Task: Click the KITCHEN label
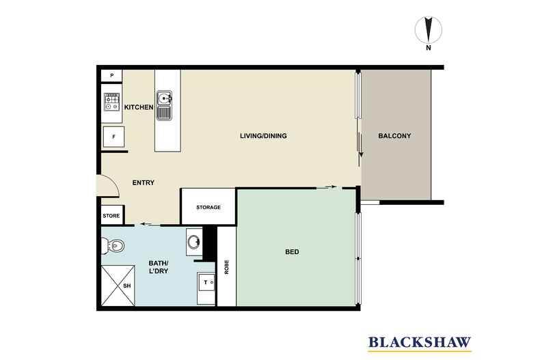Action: (138, 107)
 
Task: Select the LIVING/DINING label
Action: (263, 136)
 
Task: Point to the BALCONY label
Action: (394, 136)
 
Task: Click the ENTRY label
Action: (143, 182)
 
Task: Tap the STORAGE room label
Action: (208, 207)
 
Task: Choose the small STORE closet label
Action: (111, 216)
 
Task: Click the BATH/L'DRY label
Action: (159, 267)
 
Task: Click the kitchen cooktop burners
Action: (111, 102)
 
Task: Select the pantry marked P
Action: (111, 76)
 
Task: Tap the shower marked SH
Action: (117, 285)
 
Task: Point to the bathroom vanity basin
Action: (194, 241)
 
